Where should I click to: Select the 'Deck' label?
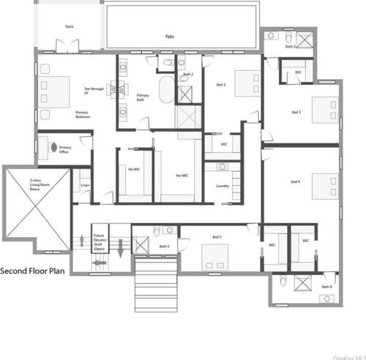(x=69, y=27)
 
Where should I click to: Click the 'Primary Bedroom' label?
(x=83, y=115)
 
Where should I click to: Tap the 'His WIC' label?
(x=134, y=170)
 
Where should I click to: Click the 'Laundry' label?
(x=223, y=185)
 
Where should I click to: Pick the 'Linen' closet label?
(x=85, y=187)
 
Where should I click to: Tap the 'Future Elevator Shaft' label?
(x=99, y=241)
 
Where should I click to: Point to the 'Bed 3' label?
(x=296, y=112)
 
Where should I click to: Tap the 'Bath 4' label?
(x=326, y=287)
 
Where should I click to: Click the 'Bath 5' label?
(x=164, y=247)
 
